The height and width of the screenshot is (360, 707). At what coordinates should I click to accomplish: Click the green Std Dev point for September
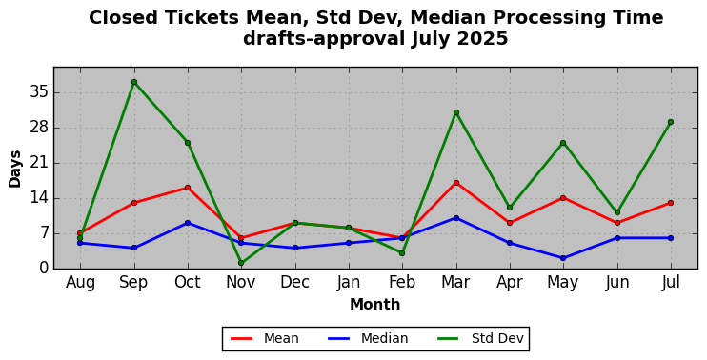click(134, 82)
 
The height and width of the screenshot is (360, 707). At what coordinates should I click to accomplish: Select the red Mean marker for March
click(456, 183)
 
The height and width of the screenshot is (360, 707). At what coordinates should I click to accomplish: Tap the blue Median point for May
click(563, 258)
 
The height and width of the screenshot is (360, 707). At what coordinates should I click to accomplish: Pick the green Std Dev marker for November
click(241, 263)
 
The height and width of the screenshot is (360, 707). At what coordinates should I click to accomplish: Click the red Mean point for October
click(188, 188)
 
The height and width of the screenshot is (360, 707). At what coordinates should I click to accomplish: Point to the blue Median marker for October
click(188, 223)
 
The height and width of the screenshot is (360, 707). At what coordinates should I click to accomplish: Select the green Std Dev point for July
click(671, 122)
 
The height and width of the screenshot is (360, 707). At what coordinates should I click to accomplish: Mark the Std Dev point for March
click(456, 112)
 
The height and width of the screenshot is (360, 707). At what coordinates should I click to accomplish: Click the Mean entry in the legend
click(265, 338)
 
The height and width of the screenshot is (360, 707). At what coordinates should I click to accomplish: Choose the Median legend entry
click(367, 338)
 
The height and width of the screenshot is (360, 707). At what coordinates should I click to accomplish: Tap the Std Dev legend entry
click(480, 338)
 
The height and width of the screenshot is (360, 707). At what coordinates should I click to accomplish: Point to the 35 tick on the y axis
click(38, 92)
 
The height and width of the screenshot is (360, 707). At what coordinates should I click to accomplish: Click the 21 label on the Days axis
click(38, 163)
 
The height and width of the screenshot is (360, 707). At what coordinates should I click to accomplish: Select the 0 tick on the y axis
click(43, 269)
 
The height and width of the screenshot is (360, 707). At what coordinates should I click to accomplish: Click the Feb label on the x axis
click(402, 283)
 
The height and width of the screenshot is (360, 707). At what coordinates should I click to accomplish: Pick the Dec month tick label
click(294, 283)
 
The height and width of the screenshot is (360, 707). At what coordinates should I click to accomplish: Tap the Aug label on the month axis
click(80, 283)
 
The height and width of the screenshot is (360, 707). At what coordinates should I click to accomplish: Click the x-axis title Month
click(375, 305)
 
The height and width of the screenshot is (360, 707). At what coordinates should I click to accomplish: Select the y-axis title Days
click(15, 169)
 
